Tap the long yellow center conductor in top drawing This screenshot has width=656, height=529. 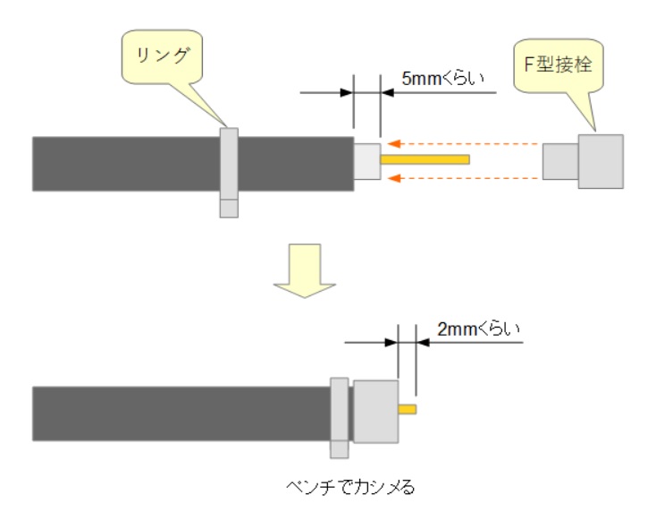pos(425,159)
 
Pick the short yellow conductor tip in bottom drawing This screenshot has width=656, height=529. pos(408,410)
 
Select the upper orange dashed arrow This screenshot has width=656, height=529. pos(465,142)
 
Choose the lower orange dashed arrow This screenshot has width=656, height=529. pos(465,177)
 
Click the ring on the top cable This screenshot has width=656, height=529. pos(229,163)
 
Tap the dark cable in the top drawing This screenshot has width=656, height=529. pos(125,164)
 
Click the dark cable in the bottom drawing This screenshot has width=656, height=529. pos(179,414)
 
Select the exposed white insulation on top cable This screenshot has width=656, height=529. pos(367,162)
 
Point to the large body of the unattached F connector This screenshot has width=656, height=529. pos(601,161)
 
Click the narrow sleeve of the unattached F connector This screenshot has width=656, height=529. pos(560,162)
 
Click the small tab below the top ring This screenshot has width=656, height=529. pos(229,208)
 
